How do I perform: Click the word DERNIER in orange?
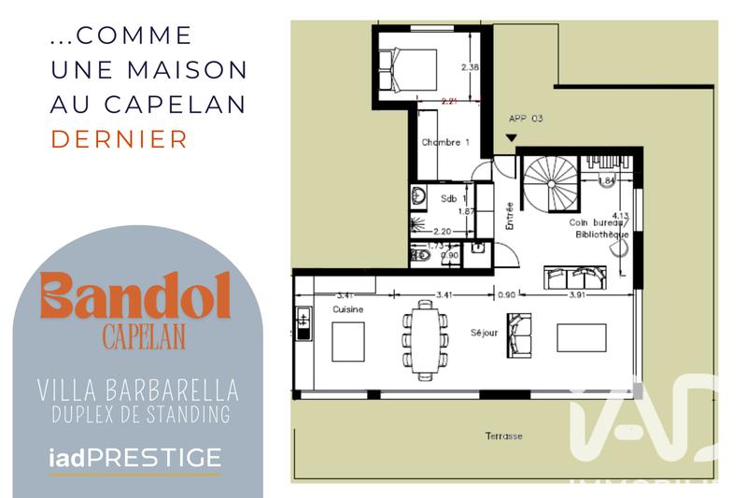(119, 139)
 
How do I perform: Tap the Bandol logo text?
(135, 298)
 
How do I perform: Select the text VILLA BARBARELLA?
(136, 388)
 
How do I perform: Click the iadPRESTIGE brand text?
(134, 458)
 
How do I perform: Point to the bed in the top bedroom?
(408, 68)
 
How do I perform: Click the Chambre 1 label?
(444, 142)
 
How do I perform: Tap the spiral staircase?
(552, 183)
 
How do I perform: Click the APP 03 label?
(525, 119)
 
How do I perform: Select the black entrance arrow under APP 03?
(510, 139)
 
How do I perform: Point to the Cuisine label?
(347, 309)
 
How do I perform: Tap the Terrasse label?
(503, 436)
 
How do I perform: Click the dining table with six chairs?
(425, 337)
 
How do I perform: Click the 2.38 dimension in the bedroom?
(470, 67)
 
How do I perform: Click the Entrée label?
(510, 216)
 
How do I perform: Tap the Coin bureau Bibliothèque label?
(599, 229)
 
